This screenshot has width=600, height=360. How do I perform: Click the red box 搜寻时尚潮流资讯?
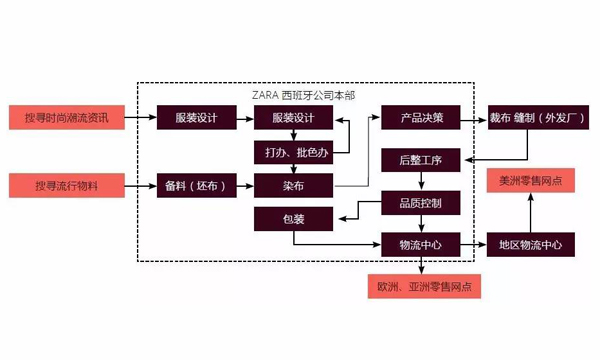pyautogui.click(x=67, y=118)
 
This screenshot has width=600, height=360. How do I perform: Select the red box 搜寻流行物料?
pyautogui.click(x=67, y=185)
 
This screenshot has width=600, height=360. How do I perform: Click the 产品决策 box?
pyautogui.click(x=420, y=118)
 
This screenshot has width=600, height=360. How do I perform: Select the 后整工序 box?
pyautogui.click(x=420, y=160)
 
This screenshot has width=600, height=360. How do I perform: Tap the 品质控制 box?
pyautogui.click(x=420, y=203)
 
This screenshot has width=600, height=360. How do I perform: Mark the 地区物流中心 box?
pyautogui.click(x=529, y=244)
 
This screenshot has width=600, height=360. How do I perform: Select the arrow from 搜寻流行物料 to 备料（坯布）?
pyautogui.click(x=140, y=185)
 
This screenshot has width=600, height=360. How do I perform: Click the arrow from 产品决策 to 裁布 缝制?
pyautogui.click(x=473, y=118)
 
